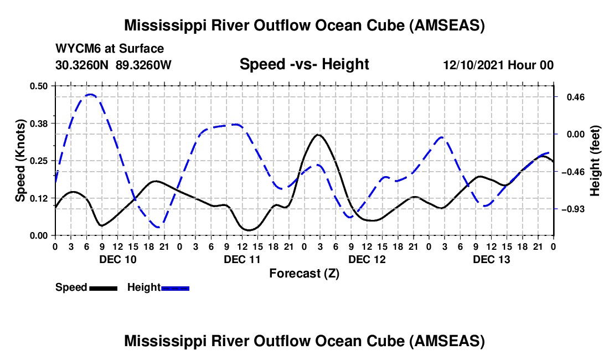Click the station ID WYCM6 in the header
pyautogui.click(x=75, y=49)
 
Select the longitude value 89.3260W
pyautogui.click(x=144, y=65)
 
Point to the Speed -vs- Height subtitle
pyautogui.click(x=304, y=64)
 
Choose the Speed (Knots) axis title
pyautogui.click(x=20, y=161)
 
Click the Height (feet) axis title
pyautogui.click(x=595, y=161)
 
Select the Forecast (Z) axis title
pyautogui.click(x=304, y=273)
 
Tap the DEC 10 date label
pyautogui.click(x=117, y=259)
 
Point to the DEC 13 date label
pyautogui.click(x=491, y=259)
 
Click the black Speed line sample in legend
pyautogui.click(x=103, y=287)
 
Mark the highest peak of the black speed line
pyautogui.click(x=318, y=135)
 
